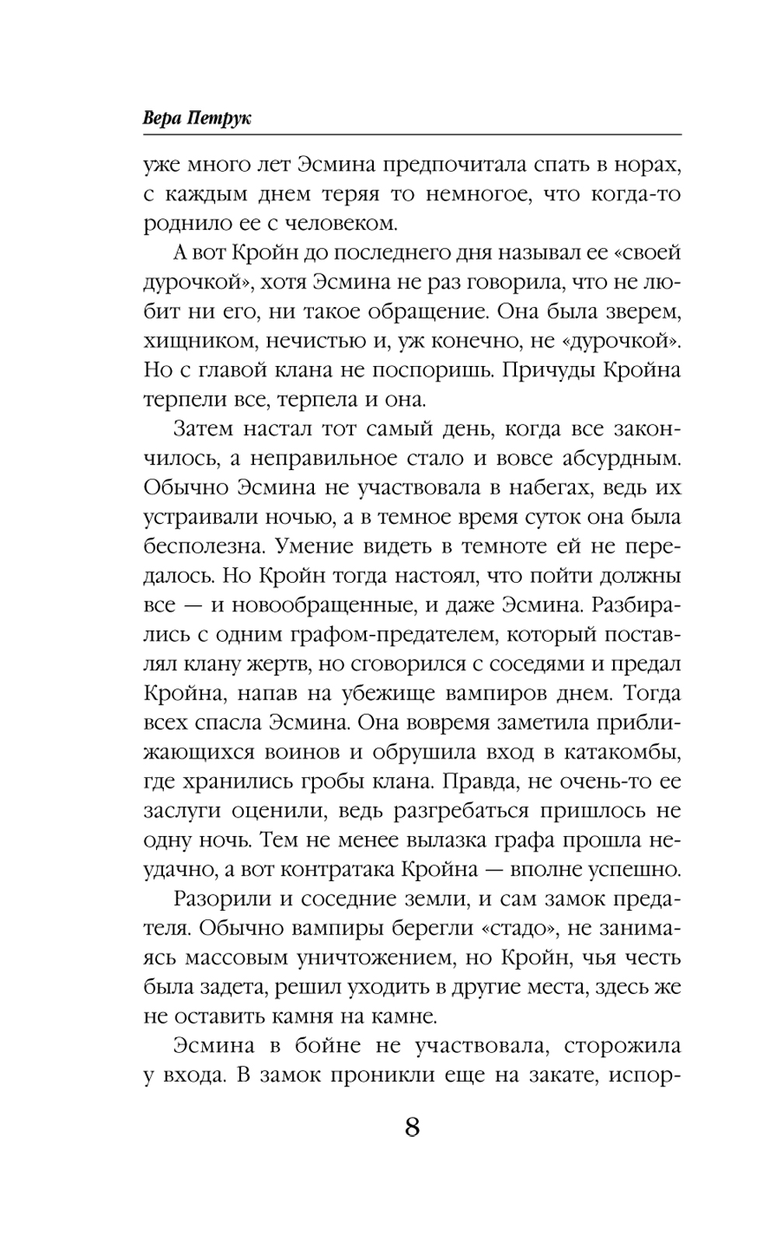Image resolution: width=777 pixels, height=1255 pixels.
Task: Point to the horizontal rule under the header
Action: [x=412, y=136]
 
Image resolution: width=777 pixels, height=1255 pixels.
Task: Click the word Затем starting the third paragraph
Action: [x=204, y=429]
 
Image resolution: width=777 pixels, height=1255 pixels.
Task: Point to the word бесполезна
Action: [x=203, y=546]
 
